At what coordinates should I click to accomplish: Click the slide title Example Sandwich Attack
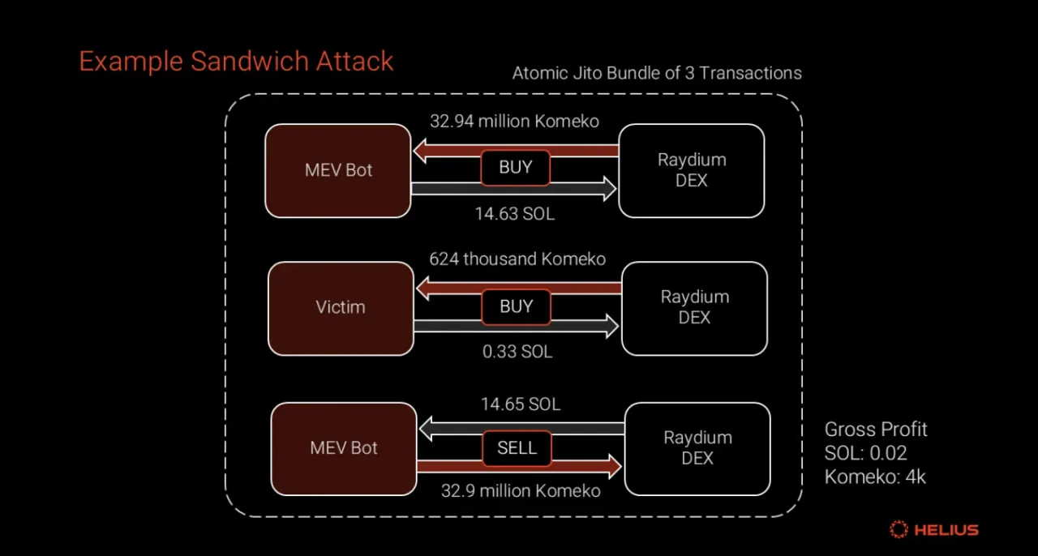click(x=236, y=62)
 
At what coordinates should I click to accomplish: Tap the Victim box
click(x=341, y=308)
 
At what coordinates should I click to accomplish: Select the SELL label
click(x=517, y=448)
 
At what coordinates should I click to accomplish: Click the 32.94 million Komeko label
click(x=514, y=122)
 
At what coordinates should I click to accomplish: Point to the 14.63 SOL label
click(x=514, y=214)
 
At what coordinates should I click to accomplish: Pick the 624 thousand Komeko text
click(x=517, y=259)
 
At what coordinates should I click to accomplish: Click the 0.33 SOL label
click(x=517, y=352)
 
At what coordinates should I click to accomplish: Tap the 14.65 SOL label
click(x=520, y=404)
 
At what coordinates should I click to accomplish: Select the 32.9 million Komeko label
click(x=521, y=490)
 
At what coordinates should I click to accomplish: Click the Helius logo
click(x=933, y=530)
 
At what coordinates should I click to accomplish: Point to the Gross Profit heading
click(x=876, y=430)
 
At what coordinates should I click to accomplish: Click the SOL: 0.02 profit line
click(x=865, y=453)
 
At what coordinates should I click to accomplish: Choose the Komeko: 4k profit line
click(x=875, y=477)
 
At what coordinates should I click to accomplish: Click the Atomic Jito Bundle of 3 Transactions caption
click(x=657, y=73)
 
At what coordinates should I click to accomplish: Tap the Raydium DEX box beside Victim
click(x=694, y=308)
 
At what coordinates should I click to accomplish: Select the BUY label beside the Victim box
click(x=517, y=307)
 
